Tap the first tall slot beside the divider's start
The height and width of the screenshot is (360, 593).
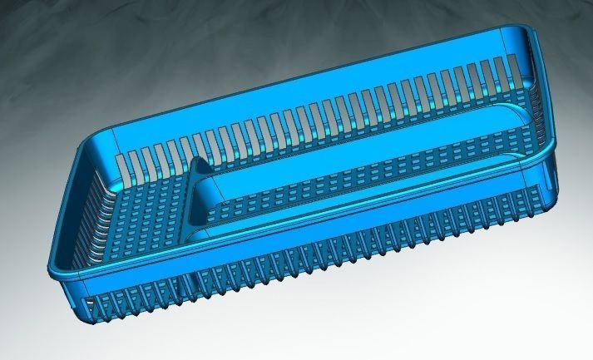click(x=122, y=164)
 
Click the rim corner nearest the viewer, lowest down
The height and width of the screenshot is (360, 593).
click(x=58, y=271)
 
